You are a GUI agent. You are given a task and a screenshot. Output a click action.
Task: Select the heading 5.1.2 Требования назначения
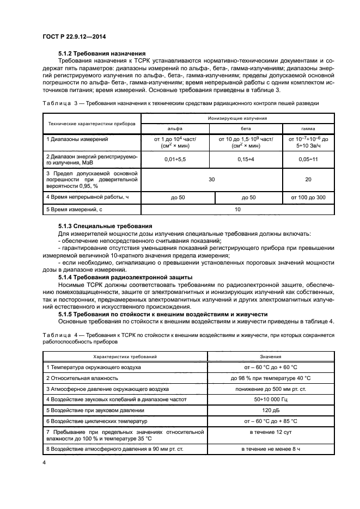pos(101,53)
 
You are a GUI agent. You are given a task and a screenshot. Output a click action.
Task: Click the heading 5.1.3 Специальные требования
pos(105,225)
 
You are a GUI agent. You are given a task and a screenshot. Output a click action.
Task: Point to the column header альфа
pos(175,128)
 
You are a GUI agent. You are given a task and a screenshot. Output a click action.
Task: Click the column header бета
pos(245,128)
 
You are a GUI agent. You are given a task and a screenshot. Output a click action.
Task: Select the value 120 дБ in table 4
pos(270,409)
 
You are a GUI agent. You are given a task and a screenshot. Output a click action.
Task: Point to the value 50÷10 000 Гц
pos(270,399)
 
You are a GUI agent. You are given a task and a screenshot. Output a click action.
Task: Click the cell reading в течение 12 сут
pos(270,432)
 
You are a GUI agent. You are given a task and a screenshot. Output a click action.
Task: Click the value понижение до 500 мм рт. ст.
pos(270,389)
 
